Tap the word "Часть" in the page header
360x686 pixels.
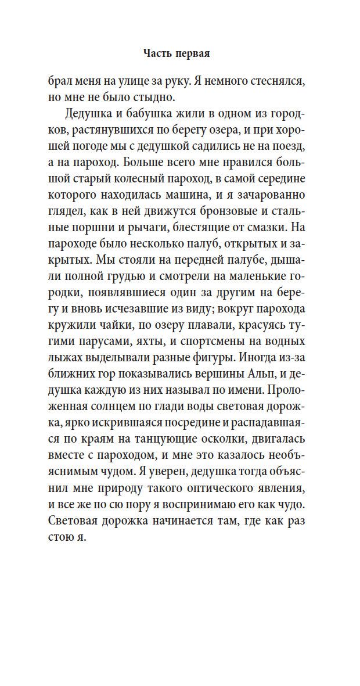[156, 54]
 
